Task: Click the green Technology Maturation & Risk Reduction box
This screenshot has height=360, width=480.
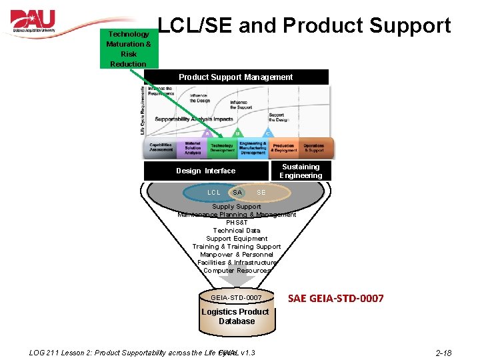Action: pyautogui.click(x=128, y=49)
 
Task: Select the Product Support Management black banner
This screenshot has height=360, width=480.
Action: pyautogui.click(x=235, y=77)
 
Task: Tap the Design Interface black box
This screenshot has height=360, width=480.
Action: pyautogui.click(x=205, y=171)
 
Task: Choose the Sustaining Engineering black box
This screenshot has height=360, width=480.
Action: pyautogui.click(x=301, y=171)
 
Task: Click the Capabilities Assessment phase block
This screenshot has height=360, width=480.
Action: pyautogui.click(x=161, y=147)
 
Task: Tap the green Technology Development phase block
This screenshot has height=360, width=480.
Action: pyautogui.click(x=222, y=147)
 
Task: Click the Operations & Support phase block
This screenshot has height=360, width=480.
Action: pyautogui.click(x=314, y=147)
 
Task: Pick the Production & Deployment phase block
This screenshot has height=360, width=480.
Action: pyautogui.click(x=283, y=147)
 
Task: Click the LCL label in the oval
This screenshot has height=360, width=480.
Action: pyautogui.click(x=213, y=193)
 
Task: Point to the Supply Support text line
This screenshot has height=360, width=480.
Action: pyautogui.click(x=237, y=207)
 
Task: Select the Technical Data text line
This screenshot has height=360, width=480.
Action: pyautogui.click(x=237, y=231)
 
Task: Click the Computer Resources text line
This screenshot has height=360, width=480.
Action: pyautogui.click(x=237, y=271)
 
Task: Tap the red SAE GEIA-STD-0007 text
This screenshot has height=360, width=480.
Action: pyautogui.click(x=335, y=298)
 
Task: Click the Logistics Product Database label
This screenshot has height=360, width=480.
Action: pyautogui.click(x=235, y=316)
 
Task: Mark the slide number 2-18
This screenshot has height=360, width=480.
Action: pyautogui.click(x=443, y=352)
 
